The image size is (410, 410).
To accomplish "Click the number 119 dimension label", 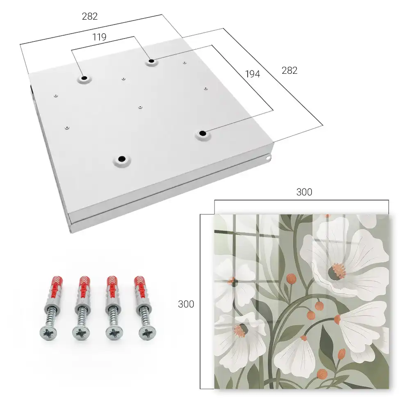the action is [99, 37].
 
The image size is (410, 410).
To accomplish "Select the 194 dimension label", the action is [253, 74].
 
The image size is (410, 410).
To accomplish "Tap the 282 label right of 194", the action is [289, 71].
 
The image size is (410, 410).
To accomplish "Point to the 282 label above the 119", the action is [90, 16].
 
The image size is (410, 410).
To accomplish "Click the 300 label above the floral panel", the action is [304, 192].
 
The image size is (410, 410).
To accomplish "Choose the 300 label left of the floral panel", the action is [186, 304].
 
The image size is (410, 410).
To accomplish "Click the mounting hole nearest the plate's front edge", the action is [122, 159].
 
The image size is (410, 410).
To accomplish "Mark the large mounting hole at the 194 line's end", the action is [202, 133].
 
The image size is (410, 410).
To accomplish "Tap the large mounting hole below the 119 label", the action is [151, 61].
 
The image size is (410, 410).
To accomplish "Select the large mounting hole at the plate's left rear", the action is [84, 78].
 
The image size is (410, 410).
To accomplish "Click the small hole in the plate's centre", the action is [140, 107].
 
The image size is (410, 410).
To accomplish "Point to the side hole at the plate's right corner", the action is [268, 158].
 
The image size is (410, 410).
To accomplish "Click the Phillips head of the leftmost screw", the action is [48, 333].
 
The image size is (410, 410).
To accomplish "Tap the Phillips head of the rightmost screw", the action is [147, 333].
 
